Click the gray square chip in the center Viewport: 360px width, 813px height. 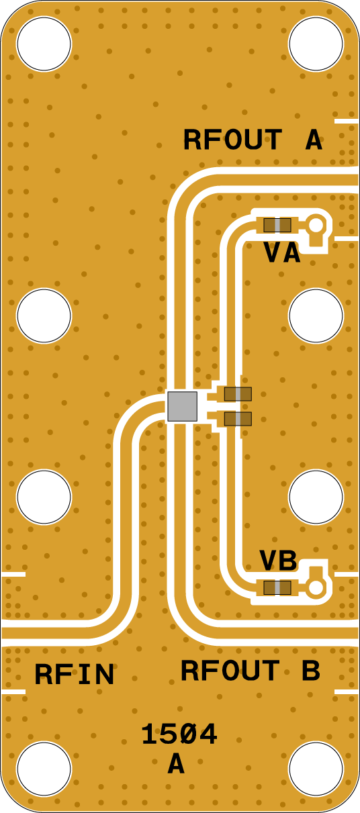coord(183,407)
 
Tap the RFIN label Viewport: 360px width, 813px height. coord(75,674)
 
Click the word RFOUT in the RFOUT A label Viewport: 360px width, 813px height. coord(233,140)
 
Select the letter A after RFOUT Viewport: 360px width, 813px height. coord(314,140)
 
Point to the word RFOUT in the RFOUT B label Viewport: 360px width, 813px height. coord(230,670)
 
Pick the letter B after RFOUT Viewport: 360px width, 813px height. coord(311,670)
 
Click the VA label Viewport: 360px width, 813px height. coord(282,252)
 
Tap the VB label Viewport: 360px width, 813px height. coord(278,560)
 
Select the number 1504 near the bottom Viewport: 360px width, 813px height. coord(179,734)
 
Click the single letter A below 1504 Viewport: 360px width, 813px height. coord(176,763)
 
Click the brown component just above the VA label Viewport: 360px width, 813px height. coord(277,226)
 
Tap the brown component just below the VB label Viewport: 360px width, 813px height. coord(277,588)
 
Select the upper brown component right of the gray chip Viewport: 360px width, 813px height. coord(238,394)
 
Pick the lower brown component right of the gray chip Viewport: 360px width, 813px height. coord(238,419)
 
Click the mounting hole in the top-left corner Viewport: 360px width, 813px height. coord(44,44)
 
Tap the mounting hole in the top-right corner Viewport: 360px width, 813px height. coord(316,44)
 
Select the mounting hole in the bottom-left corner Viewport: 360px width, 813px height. coord(44,769)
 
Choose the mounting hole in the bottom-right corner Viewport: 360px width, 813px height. coord(316,769)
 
